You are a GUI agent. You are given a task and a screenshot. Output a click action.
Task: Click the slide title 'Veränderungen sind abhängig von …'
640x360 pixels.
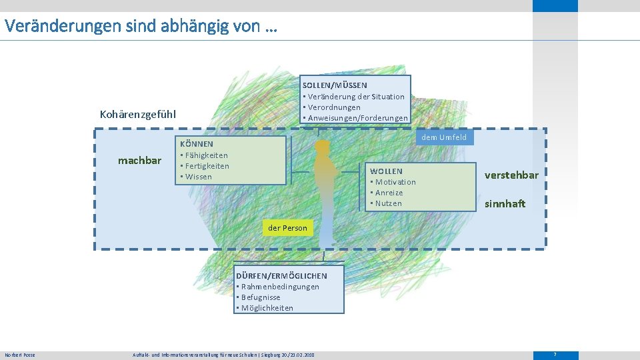pyautogui.click(x=141, y=27)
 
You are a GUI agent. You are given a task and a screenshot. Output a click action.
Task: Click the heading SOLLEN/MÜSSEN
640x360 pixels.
pyautogui.click(x=335, y=85)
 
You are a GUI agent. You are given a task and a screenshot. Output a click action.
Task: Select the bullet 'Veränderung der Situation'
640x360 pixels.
pyautogui.click(x=355, y=97)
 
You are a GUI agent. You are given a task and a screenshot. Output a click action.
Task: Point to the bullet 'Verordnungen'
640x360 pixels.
pyautogui.click(x=333, y=107)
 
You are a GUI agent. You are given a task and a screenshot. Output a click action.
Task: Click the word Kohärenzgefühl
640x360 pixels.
pyautogui.click(x=138, y=114)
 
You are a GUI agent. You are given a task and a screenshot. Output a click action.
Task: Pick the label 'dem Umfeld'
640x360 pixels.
pyautogui.click(x=444, y=137)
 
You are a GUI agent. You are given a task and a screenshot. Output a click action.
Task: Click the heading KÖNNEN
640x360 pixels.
pyautogui.click(x=197, y=144)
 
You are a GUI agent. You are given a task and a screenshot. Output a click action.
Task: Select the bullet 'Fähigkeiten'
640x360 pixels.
pyautogui.click(x=205, y=155)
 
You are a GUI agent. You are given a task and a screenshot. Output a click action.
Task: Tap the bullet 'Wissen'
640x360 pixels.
pyautogui.click(x=198, y=177)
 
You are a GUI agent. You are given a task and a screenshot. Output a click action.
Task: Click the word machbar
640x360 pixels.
pyautogui.click(x=139, y=161)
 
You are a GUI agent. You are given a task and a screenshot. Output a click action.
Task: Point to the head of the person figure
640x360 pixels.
pyautogui.click(x=323, y=146)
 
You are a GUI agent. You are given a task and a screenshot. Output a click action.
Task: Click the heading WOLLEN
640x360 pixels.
pyautogui.click(x=387, y=171)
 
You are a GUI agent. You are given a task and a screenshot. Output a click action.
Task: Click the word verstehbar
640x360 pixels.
pyautogui.click(x=511, y=175)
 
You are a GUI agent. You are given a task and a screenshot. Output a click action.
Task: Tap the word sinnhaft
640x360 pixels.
pyautogui.click(x=505, y=203)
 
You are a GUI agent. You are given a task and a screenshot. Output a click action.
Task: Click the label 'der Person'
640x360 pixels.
pyautogui.click(x=287, y=228)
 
